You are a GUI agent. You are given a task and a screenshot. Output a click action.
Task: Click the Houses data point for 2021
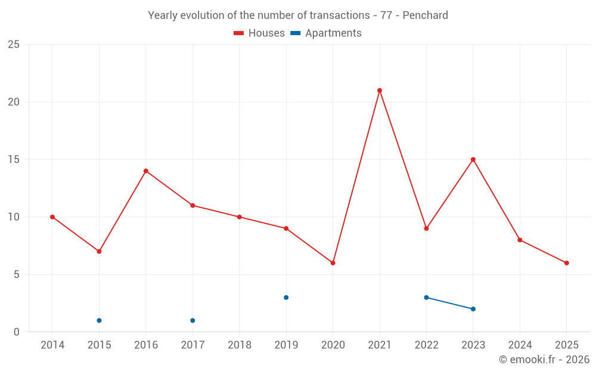pos(380,90)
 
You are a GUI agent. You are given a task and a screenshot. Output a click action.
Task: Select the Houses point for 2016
pos(146,171)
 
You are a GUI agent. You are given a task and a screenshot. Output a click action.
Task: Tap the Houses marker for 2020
pos(333,263)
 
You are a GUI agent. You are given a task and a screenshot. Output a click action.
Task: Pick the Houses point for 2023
pos(473,160)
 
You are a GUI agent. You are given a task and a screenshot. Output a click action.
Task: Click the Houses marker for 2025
pos(567,263)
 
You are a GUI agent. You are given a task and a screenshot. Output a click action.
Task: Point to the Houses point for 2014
pos(52,217)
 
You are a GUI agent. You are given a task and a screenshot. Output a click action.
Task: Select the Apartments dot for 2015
pos(99,321)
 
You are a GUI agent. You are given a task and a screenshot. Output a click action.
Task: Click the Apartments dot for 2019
pos(286,298)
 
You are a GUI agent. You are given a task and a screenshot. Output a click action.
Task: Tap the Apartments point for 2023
pos(473,309)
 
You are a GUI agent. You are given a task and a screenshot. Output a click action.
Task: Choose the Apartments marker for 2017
pos(193,321)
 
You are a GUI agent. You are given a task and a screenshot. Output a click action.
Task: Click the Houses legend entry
pos(259,33)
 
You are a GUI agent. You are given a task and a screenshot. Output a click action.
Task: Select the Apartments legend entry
pos(326,33)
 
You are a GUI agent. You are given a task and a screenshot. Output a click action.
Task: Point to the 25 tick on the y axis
pos(13,45)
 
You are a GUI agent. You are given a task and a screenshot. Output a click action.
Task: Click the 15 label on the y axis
pos(13,160)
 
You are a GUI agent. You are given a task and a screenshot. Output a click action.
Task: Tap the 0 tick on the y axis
pos(16,332)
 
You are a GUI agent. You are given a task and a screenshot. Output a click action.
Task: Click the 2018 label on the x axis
pos(239,345)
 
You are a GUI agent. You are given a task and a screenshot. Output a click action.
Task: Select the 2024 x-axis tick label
pos(520,345)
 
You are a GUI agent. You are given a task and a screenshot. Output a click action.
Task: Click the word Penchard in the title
pos(425,15)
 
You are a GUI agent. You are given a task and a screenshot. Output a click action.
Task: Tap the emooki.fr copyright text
pos(544,360)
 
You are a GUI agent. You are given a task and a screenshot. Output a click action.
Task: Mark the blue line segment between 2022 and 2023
pos(450,303)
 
